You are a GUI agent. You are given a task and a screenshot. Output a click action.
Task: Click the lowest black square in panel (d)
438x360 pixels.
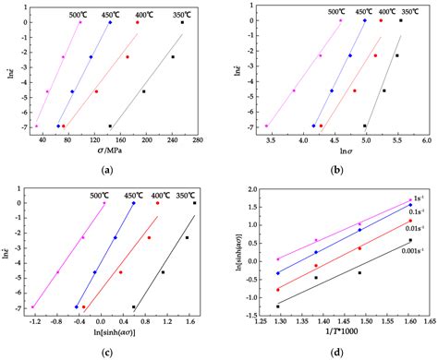click(278, 306)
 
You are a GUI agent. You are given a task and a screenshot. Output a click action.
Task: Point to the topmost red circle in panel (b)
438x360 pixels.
click(381, 20)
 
